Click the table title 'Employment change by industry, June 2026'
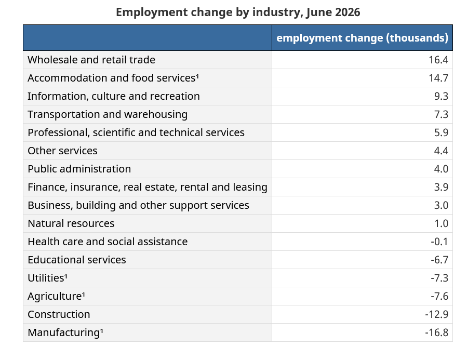(238, 12)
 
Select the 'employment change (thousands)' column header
(362, 38)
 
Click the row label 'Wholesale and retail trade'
(91, 60)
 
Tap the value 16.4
(438, 60)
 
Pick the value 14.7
(438, 78)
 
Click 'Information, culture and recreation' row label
(114, 96)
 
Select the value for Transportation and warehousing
(441, 114)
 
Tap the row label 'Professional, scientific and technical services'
(136, 132)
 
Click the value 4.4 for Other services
(441, 151)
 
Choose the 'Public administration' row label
(79, 169)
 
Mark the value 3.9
(441, 187)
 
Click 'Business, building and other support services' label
(139, 205)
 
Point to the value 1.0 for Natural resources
(441, 223)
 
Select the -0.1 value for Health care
(439, 242)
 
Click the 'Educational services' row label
(77, 260)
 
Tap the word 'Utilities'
(46, 278)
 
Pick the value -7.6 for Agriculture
(439, 296)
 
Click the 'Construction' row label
(59, 314)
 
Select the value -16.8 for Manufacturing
(437, 332)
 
